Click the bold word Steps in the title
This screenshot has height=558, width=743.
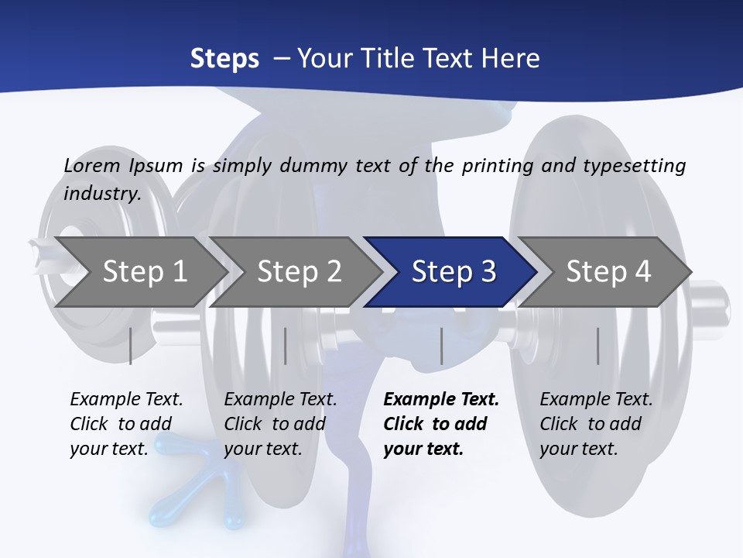click(224, 58)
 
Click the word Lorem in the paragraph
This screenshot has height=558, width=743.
click(92, 165)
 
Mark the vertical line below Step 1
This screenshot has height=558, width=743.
click(131, 346)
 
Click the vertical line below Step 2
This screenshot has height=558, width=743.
click(286, 346)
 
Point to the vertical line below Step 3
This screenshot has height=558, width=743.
click(441, 346)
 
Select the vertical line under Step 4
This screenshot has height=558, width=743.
click(597, 346)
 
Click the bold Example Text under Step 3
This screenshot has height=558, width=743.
click(441, 400)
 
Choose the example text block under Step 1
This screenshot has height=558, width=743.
click(126, 424)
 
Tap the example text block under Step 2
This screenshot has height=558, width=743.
click(280, 424)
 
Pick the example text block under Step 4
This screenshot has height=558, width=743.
click(596, 424)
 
